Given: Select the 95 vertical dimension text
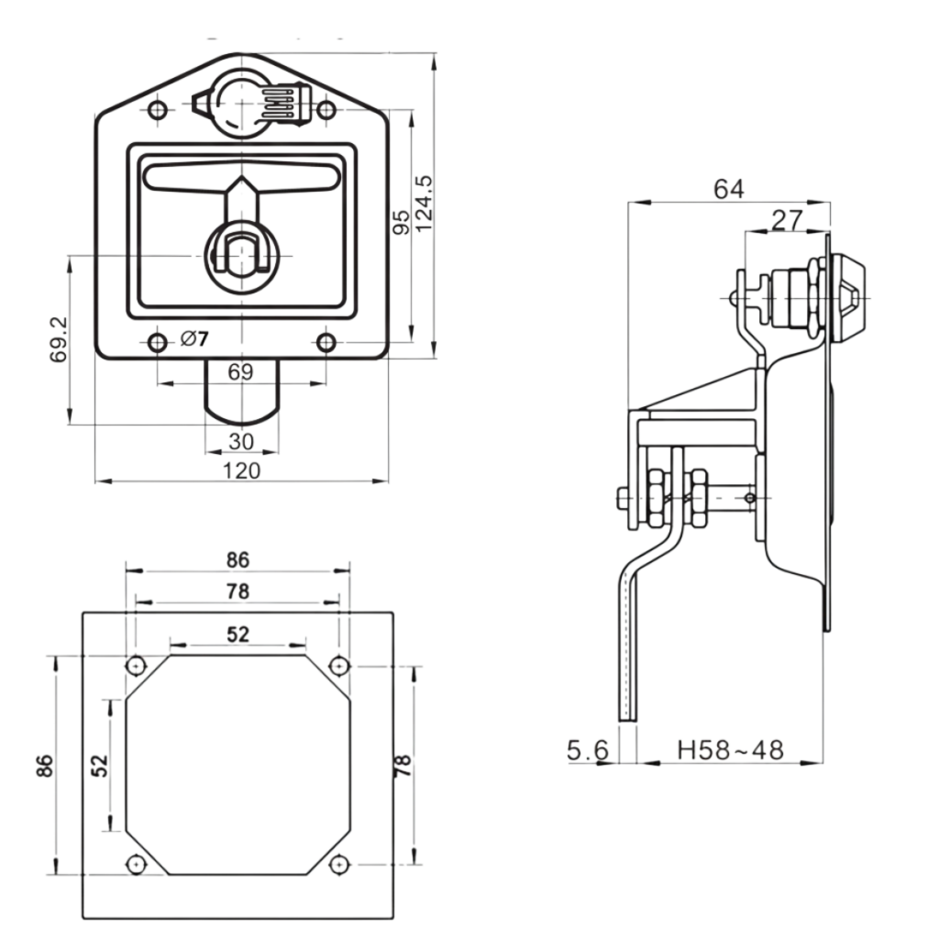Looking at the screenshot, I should (402, 222).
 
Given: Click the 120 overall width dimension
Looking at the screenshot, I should (241, 469).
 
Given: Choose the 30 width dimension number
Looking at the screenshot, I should (240, 441).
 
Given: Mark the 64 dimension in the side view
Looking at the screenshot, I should (729, 189).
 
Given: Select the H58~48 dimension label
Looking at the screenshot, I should (731, 750).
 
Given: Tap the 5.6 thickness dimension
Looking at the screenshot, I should (588, 750).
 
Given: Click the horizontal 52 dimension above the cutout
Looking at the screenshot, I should (238, 634).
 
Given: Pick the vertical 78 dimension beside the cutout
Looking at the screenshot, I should (403, 764).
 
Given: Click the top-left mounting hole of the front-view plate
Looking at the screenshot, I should (158, 111).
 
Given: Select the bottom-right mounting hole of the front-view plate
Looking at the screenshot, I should (326, 343).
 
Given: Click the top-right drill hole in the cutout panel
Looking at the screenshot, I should (338, 665).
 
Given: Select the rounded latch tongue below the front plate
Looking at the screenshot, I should (240, 394).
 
